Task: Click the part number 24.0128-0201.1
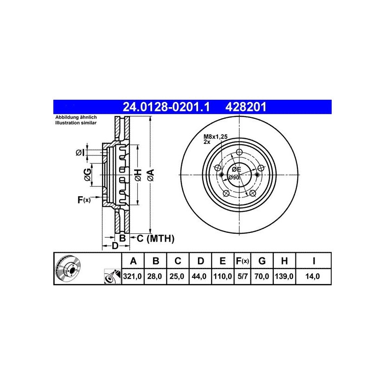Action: click(x=166, y=107)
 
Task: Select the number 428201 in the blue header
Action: click(x=246, y=107)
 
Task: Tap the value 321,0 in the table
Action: click(x=133, y=276)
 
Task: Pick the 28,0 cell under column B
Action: click(x=154, y=276)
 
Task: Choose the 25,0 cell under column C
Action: click(x=177, y=276)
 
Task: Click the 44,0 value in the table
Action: click(x=199, y=276)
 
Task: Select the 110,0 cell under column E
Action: click(x=223, y=276)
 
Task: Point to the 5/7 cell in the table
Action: click(x=243, y=276)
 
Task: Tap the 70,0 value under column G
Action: click(x=262, y=276)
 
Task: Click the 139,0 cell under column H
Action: click(x=284, y=276)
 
